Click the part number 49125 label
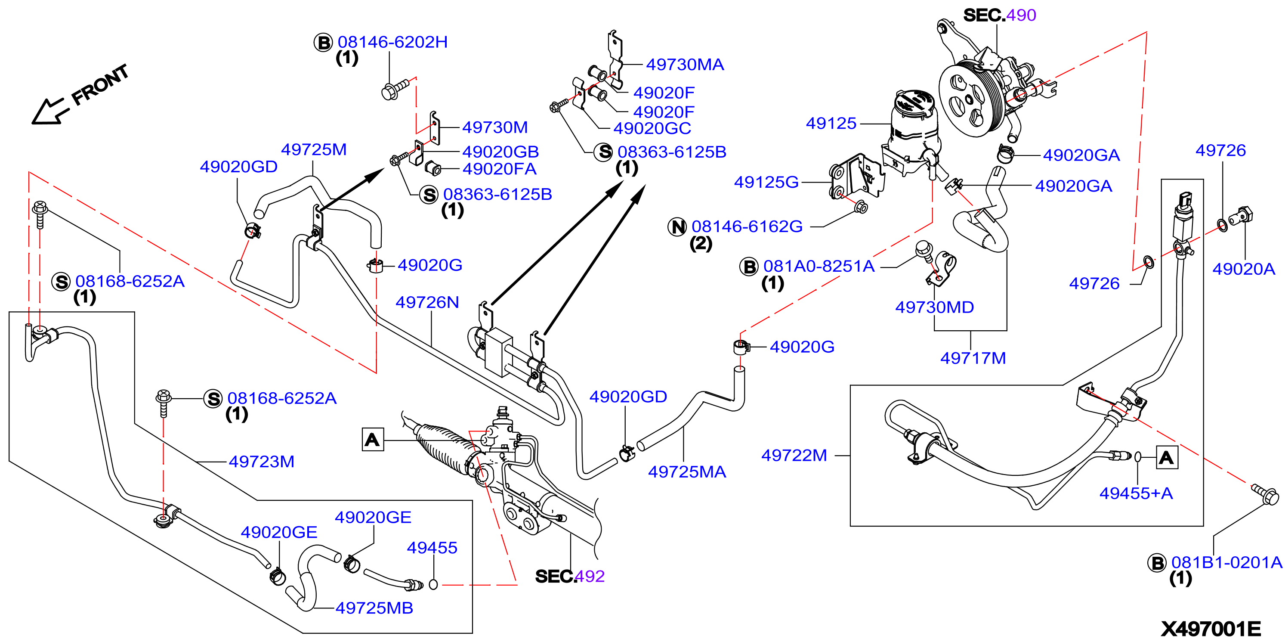831,123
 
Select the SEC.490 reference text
1000,15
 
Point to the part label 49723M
261,461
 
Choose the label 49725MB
374,608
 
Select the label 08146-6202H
392,42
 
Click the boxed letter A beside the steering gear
373,439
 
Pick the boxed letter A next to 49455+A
1167,457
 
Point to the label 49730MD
934,307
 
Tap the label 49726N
427,302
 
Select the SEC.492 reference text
570,576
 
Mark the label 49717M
973,358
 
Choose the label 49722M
794,455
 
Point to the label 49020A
1244,269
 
